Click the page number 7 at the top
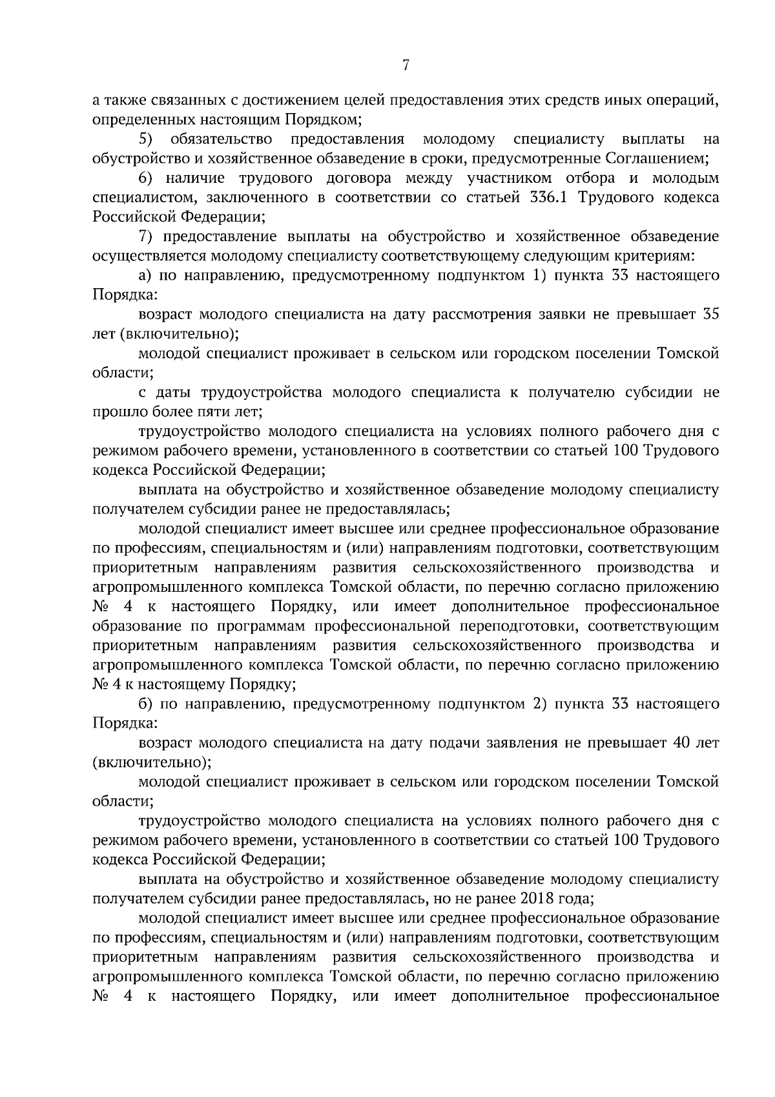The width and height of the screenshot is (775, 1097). [406, 65]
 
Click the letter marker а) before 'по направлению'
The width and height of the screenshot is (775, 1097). [145, 276]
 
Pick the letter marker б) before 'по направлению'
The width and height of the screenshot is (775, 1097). [145, 704]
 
